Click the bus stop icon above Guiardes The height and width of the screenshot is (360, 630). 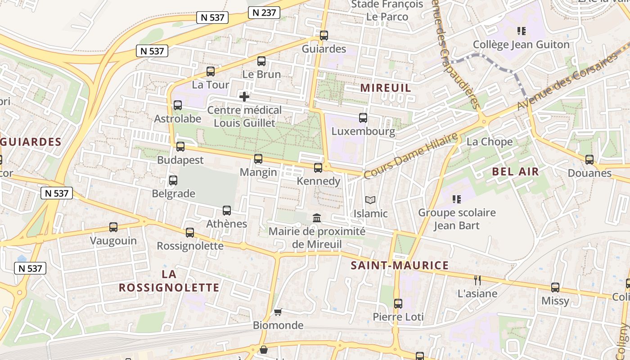(324, 36)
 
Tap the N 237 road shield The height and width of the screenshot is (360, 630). (264, 13)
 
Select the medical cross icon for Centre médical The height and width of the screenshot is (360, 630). (244, 97)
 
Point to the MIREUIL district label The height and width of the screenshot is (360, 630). (386, 88)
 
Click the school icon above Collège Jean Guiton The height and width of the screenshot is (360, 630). (522, 31)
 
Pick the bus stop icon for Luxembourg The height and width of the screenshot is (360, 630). (363, 118)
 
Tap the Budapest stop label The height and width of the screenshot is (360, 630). (180, 160)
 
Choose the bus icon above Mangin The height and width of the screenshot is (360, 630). (258, 158)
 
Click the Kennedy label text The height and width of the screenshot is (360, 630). (319, 181)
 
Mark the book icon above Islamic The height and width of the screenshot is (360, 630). (370, 200)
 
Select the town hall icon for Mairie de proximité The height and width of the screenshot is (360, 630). (317, 218)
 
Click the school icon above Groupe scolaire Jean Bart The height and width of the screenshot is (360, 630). (457, 199)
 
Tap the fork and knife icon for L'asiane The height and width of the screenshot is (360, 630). (477, 280)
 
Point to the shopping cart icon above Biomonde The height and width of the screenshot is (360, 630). (278, 312)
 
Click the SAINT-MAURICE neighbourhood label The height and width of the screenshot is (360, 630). (400, 265)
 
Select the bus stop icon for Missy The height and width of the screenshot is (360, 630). (555, 288)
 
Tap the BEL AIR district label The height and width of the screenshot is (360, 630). (515, 171)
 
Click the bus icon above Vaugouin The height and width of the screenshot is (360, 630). (113, 227)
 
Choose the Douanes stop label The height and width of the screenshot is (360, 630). (589, 173)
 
